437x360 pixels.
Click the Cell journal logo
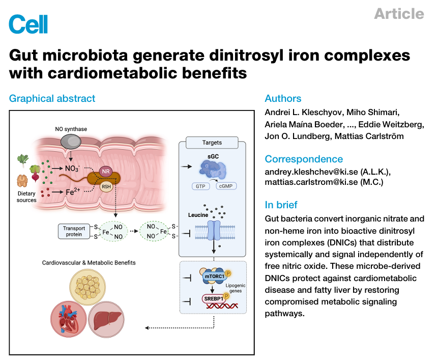(28, 24)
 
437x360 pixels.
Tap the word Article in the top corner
(399, 14)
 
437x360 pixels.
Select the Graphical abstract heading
(52, 98)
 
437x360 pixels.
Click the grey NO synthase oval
(71, 142)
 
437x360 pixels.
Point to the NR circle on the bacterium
(106, 171)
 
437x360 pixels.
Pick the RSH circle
(106, 186)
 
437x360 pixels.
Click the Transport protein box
(74, 231)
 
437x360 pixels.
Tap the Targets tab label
(212, 143)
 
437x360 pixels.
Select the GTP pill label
(200, 186)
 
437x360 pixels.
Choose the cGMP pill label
(226, 186)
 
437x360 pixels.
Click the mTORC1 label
(215, 276)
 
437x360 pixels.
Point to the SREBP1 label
(214, 299)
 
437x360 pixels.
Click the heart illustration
(69, 319)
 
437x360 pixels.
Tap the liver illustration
(106, 320)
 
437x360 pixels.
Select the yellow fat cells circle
(88, 287)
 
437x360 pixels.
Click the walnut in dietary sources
(22, 181)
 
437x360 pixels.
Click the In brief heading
(281, 205)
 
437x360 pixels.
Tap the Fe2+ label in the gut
(73, 191)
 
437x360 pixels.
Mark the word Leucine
(198, 215)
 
